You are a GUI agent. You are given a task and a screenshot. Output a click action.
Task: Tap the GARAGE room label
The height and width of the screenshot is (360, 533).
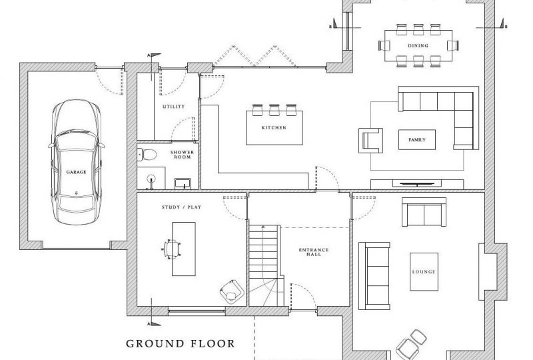pyautogui.click(x=76, y=172)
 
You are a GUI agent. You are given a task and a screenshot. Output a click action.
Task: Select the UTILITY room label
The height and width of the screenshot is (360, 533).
pyautogui.click(x=173, y=107)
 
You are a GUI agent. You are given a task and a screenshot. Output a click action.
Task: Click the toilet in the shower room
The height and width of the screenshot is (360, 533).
pyautogui.click(x=148, y=155)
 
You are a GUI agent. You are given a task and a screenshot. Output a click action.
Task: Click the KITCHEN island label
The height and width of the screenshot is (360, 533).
pyautogui.click(x=273, y=127)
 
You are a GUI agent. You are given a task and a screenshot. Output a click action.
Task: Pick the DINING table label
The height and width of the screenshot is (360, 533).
pyautogui.click(x=419, y=46)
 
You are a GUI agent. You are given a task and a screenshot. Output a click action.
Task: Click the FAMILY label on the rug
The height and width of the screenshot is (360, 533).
pyautogui.click(x=416, y=140)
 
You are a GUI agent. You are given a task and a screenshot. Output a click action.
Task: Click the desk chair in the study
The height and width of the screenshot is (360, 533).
pyautogui.click(x=172, y=248)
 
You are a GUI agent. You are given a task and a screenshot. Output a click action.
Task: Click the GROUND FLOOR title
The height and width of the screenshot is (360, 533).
pyautogui.click(x=181, y=344)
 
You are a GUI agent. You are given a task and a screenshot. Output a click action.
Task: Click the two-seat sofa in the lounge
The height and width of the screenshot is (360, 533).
pyautogui.click(x=422, y=212)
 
